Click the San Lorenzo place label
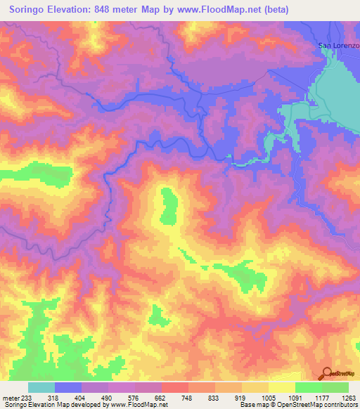pos(339,46)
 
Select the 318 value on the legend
pos(53,397)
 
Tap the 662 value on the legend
pos(161,397)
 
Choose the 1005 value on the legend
pos(269,397)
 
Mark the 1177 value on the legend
pos(322,397)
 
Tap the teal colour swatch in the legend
pos(41,387)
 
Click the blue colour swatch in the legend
pos(68,387)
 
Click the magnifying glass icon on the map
pos(326,375)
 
